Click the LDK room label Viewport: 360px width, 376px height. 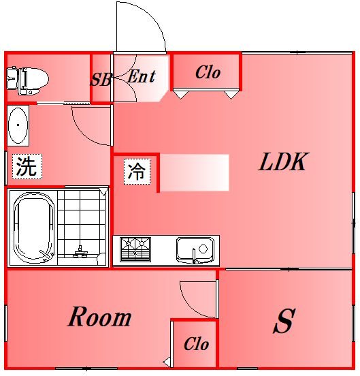coord(283,163)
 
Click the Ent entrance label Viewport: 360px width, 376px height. coord(141,76)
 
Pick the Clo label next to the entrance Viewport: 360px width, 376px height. coord(208,72)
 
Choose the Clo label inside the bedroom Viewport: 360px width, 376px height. coord(196,345)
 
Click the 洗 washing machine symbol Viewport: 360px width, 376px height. coord(27,166)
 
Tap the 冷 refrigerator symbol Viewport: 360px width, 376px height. coord(136,171)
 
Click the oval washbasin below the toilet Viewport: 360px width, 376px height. coord(18,127)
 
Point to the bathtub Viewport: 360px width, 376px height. coord(33,228)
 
